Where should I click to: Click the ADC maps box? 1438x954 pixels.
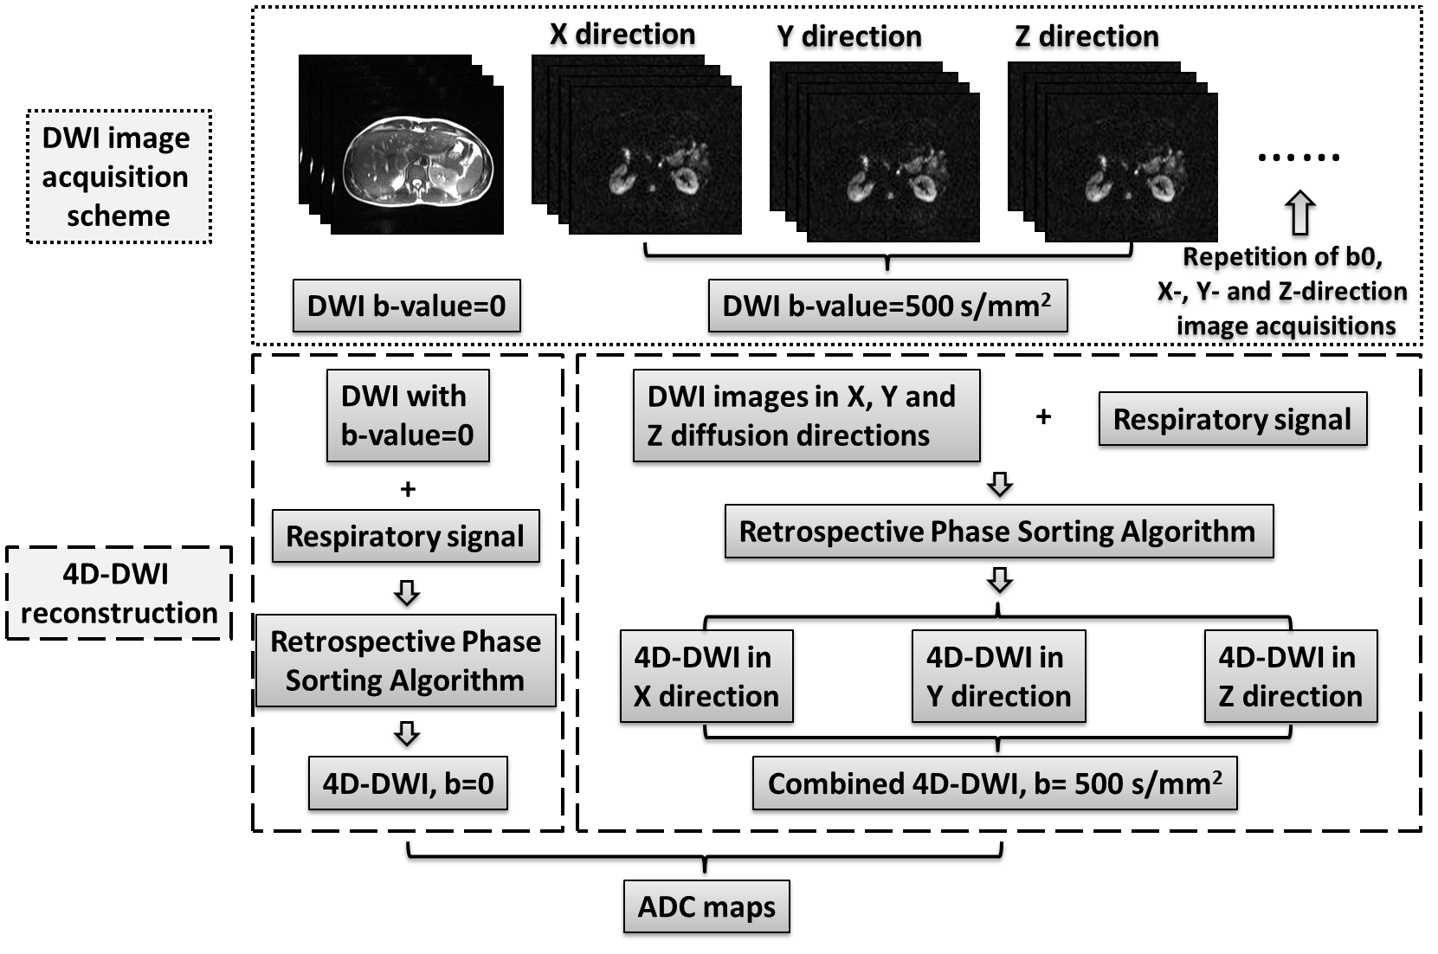706,906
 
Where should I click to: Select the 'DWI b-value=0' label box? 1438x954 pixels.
406,306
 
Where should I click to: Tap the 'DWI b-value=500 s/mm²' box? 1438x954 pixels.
887,306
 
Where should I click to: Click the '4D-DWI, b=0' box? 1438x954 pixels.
408,783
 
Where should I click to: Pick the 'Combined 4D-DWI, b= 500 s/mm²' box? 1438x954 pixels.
995,783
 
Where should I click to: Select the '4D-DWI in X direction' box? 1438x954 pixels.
706,676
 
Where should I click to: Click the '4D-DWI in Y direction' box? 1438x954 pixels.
998,676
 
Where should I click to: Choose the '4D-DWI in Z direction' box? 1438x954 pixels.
1290,676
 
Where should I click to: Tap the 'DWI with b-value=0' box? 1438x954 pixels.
407,415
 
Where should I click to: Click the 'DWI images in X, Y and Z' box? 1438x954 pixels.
806,415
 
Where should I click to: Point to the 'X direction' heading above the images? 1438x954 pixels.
622,35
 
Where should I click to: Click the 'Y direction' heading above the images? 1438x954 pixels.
849,36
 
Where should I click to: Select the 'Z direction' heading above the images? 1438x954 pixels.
1087,36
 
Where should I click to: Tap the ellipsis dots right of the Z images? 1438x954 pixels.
1299,158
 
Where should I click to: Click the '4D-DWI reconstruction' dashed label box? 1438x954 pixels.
119,593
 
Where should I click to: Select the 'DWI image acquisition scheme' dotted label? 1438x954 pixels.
119,177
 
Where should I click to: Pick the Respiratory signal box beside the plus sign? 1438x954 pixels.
1232,419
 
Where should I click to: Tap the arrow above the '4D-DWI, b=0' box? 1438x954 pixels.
407,733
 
